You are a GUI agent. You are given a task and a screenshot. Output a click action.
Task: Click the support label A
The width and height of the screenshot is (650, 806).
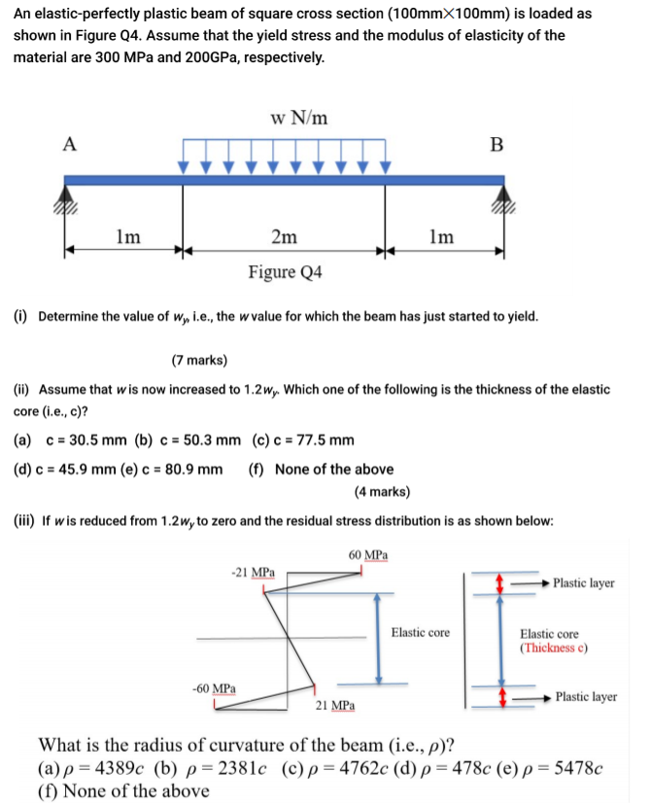tap(69, 144)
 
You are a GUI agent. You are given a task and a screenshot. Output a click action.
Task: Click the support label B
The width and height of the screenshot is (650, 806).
tap(496, 146)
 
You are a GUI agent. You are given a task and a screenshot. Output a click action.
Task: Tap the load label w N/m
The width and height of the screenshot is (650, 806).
tap(298, 118)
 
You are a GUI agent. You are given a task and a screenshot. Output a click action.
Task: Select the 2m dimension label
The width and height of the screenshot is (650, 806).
tap(284, 236)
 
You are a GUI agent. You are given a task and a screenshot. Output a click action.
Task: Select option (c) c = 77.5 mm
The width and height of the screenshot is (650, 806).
tap(303, 440)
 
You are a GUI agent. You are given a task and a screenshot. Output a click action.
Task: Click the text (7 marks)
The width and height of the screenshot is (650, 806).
tap(199, 361)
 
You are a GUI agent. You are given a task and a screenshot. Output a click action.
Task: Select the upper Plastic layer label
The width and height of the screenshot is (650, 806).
tap(583, 583)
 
